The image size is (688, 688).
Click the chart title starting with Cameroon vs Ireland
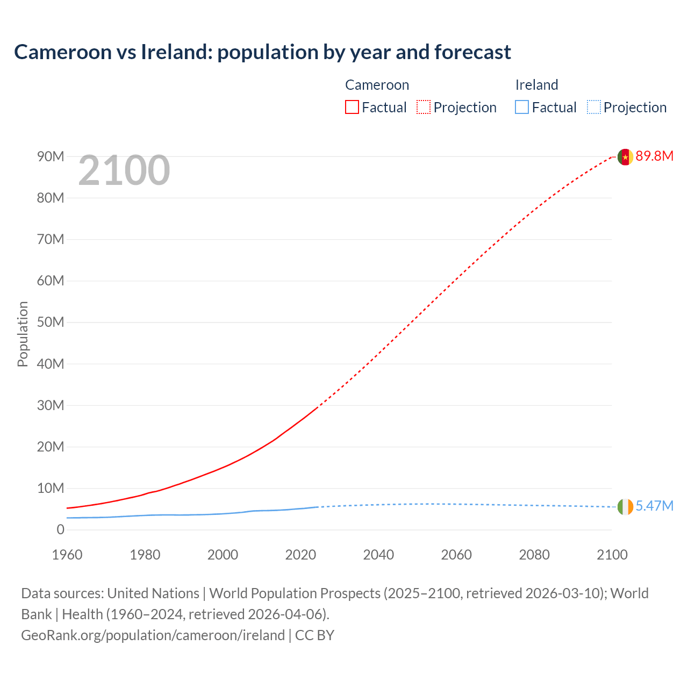coord(262,52)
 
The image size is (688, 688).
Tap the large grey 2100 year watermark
coord(124,170)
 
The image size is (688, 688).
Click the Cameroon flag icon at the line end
coord(625,157)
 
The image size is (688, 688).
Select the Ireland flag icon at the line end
coord(625,506)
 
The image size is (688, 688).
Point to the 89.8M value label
coord(654,156)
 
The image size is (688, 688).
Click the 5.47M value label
coord(654,506)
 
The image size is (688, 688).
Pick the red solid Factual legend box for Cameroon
coord(352,107)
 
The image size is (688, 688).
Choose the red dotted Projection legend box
coord(424,107)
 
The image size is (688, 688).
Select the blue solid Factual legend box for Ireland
coord(522,107)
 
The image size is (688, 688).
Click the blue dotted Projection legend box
coord(594,107)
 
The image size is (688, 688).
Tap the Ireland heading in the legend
coord(536,85)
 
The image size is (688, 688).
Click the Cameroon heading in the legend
coord(377,85)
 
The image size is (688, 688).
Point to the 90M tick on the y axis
coord(51,156)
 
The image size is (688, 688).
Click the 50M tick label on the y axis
coord(51,322)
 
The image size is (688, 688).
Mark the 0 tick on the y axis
coord(60,530)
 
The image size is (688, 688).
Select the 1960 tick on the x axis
coord(67,555)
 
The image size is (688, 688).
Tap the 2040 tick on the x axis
coord(378,555)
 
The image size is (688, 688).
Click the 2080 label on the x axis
coord(534,555)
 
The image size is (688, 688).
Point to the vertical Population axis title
coord(23,334)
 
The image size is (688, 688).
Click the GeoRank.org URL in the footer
coord(153,635)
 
